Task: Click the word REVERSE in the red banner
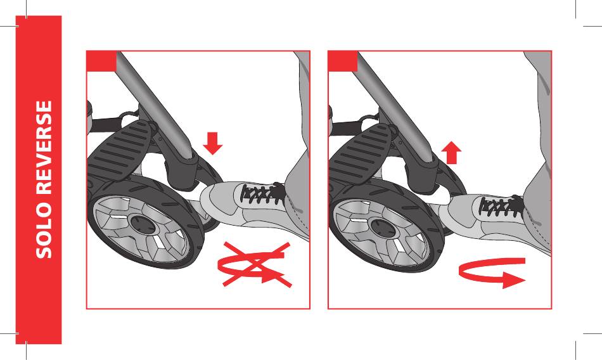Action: [44, 148]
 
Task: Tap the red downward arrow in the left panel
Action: [212, 143]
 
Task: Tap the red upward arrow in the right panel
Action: [451, 152]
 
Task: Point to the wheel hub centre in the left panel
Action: [142, 225]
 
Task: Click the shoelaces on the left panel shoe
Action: [261, 194]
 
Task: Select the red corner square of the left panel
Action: [101, 61]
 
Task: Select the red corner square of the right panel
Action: [343, 61]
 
